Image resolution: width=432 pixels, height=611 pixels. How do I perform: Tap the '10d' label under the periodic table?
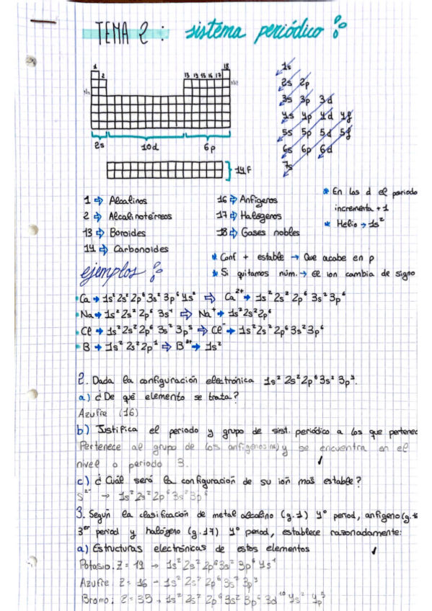pos(150,147)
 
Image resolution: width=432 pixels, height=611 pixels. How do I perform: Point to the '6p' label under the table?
pos(210,147)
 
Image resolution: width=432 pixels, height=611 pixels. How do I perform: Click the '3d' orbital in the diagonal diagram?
pos(326,99)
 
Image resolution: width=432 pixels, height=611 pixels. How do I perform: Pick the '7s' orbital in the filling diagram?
pos(287,166)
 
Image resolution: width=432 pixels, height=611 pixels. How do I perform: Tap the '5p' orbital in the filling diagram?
pos(307,133)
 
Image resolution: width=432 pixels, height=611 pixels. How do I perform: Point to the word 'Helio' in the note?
pos(348,225)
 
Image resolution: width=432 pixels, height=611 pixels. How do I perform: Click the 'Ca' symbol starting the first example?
pos(85,299)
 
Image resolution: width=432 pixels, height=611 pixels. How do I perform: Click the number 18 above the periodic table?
pos(226,66)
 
